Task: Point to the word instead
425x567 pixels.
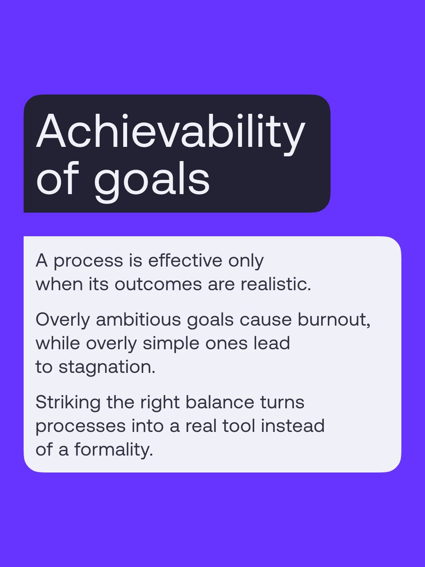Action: [294, 426]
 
